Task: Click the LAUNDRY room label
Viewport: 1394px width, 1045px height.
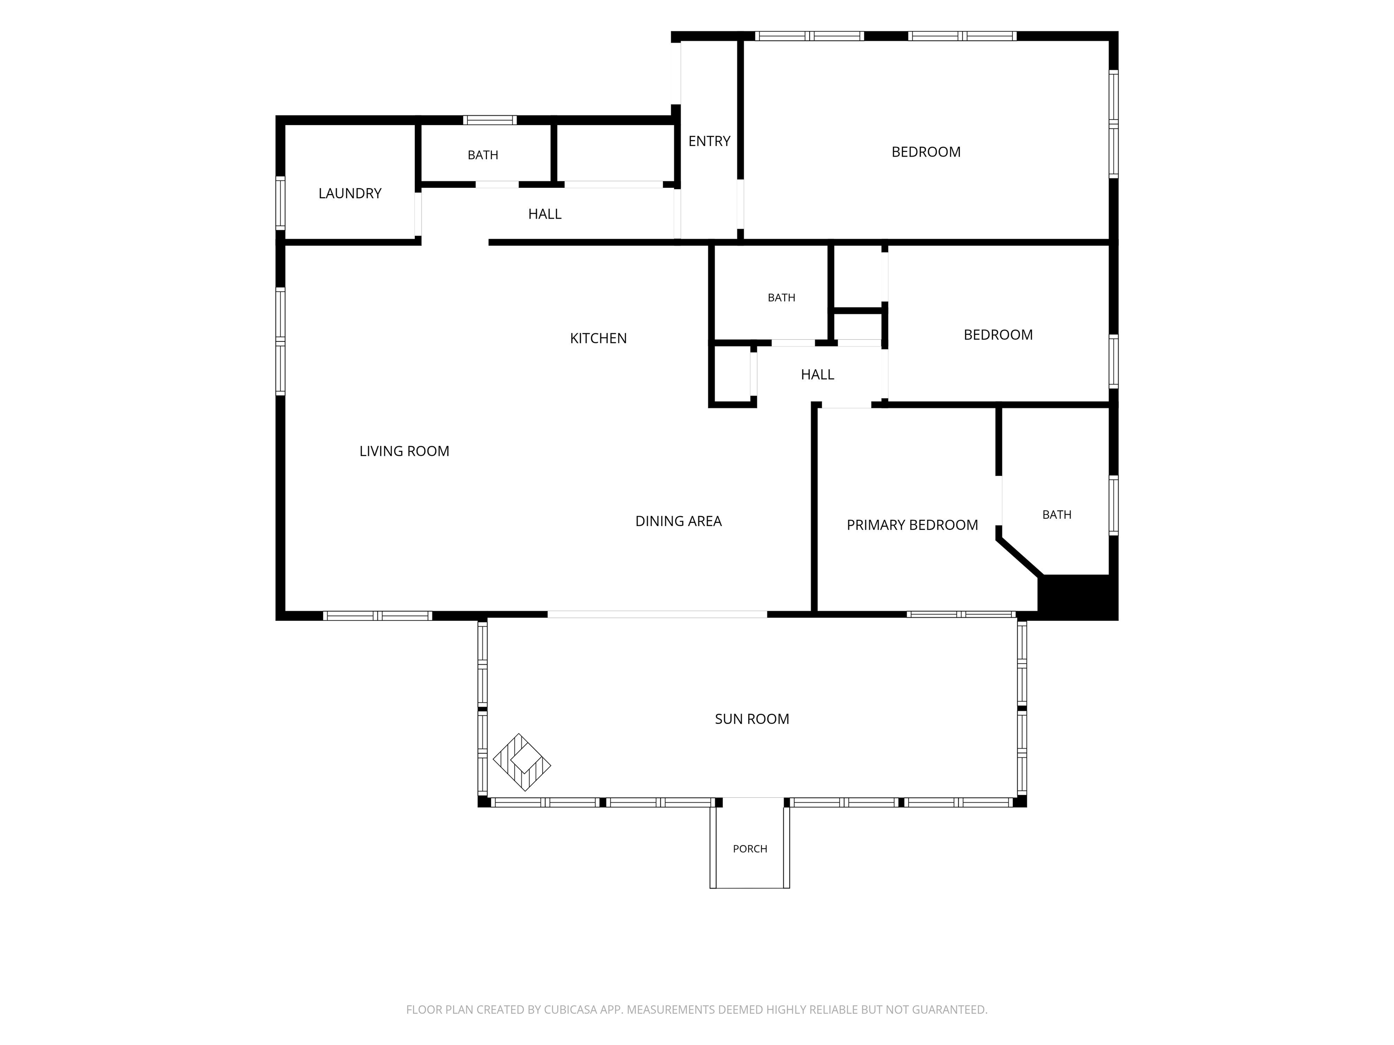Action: click(350, 193)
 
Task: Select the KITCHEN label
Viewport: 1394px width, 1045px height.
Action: click(598, 338)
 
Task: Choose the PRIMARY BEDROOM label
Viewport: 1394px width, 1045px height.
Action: click(912, 525)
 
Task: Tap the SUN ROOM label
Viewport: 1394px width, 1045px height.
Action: click(752, 719)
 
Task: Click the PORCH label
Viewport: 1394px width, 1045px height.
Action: click(750, 849)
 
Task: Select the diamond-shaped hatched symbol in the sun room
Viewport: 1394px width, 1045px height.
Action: click(522, 762)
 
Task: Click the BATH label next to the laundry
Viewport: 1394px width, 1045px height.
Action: click(483, 155)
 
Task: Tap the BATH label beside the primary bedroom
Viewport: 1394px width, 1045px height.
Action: click(1057, 515)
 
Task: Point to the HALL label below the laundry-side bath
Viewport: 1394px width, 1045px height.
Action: click(545, 214)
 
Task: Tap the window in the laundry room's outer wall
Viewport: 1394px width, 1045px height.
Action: click(280, 203)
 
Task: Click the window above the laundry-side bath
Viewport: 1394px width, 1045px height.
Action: click(490, 120)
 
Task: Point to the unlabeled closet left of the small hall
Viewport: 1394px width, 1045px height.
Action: click(732, 374)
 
